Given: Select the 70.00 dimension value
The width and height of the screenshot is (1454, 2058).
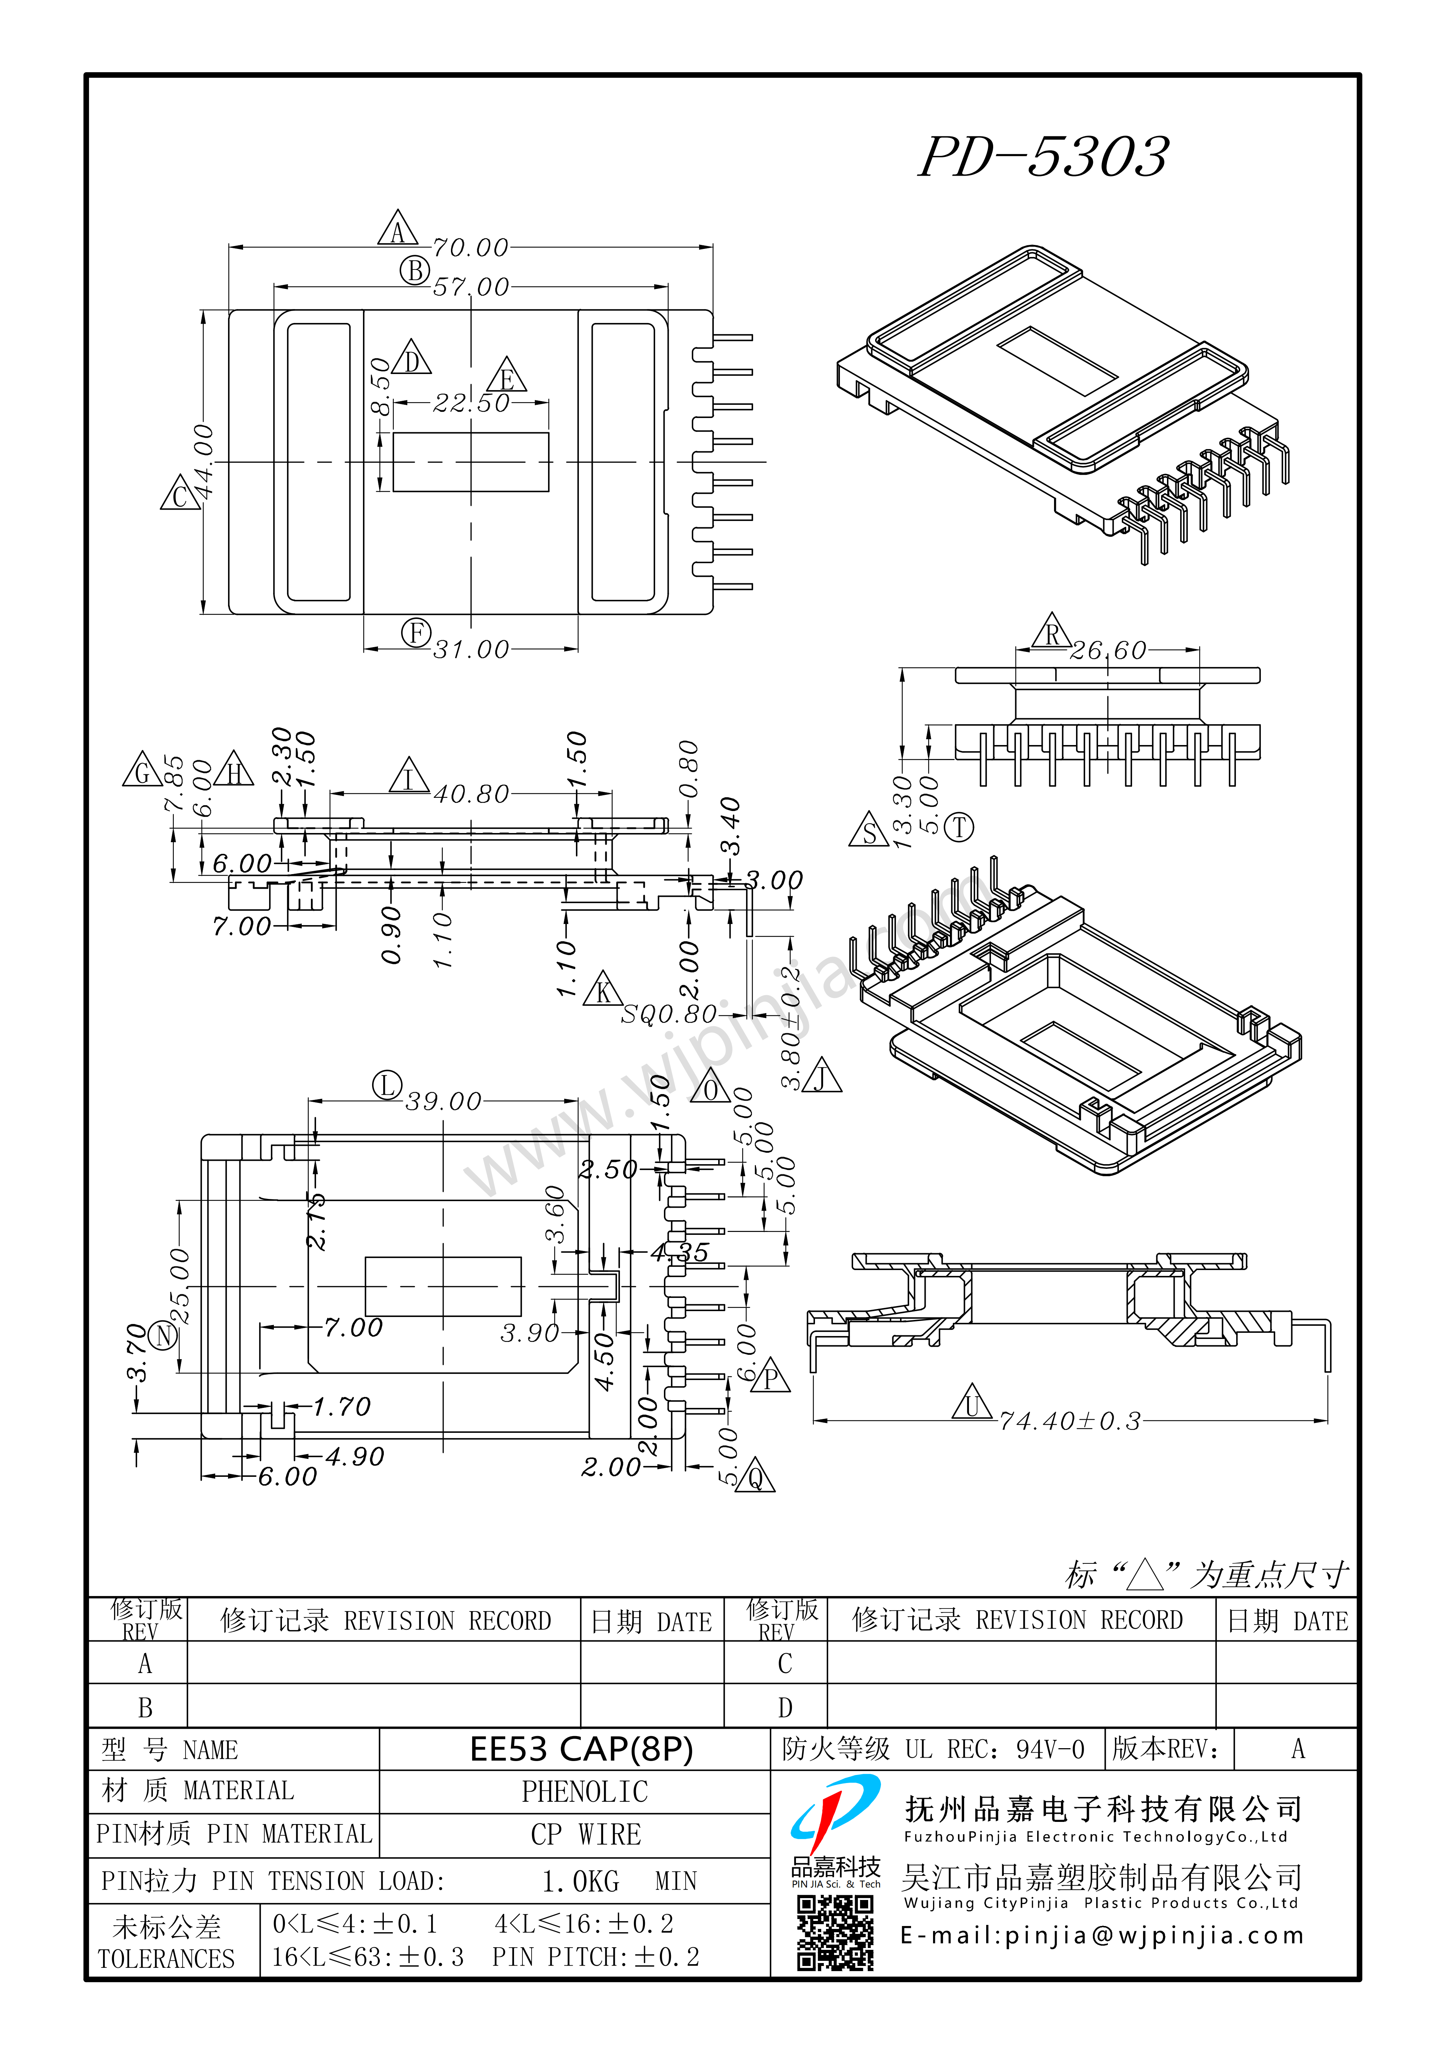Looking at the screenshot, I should click(x=471, y=247).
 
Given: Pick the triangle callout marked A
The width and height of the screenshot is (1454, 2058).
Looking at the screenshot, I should click(x=398, y=230).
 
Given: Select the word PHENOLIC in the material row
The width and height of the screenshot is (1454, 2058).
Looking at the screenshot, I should click(x=584, y=1792).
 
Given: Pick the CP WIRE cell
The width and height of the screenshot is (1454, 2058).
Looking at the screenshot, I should click(x=585, y=1835).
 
